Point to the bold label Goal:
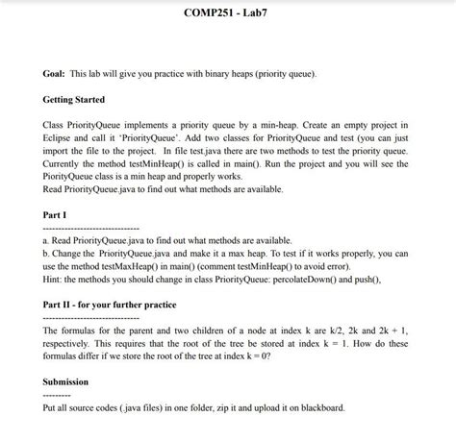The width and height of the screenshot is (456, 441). click(56, 73)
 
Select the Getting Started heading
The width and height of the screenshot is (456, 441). click(74, 99)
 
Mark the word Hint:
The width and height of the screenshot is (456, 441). click(56, 277)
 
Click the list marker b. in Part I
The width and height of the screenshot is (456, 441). click(47, 252)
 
